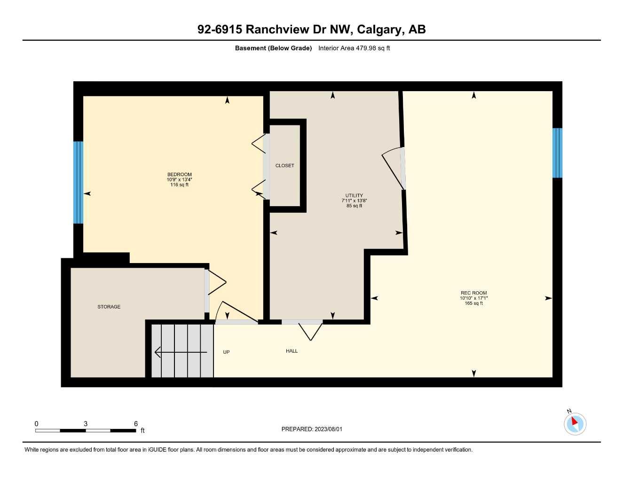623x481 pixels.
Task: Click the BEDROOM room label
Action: tap(179, 174)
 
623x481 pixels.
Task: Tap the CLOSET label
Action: tap(284, 165)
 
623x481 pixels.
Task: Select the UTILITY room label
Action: tap(354, 195)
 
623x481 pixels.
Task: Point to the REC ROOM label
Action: tap(473, 293)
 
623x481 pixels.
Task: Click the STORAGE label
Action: tap(109, 307)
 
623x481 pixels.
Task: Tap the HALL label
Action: tap(292, 351)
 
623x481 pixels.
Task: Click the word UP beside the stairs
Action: tap(226, 352)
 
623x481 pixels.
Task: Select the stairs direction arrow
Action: tap(181, 352)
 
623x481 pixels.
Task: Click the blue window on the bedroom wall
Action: tap(78, 182)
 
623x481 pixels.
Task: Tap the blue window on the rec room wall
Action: tap(557, 153)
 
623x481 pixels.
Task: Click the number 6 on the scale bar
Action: tap(136, 424)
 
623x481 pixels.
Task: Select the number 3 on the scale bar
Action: tap(86, 424)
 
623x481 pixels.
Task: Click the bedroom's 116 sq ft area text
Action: tap(179, 185)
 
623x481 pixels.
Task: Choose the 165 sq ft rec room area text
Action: tap(473, 303)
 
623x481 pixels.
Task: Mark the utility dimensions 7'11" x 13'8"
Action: tap(354, 201)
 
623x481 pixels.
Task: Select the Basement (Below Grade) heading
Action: tap(273, 48)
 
